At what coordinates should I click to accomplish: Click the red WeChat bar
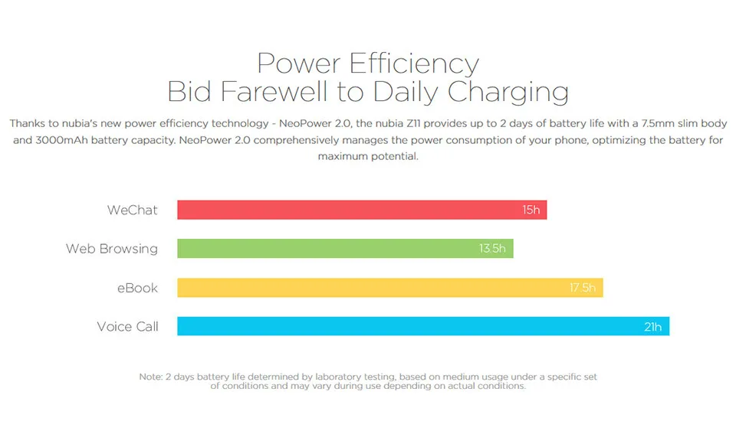coord(345,210)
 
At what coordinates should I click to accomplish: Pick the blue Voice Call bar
coord(406,327)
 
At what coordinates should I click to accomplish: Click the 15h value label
coord(531,210)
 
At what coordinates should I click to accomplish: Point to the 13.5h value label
coord(493,249)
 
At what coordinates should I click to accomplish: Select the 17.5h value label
coord(582,288)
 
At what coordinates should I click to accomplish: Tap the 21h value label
coord(652,327)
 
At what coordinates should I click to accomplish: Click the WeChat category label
coord(133,210)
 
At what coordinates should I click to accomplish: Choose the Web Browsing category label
coord(112,249)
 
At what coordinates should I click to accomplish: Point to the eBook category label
coord(137,288)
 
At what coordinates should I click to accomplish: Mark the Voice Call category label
coord(127,327)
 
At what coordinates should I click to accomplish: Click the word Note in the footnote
coord(150,377)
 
